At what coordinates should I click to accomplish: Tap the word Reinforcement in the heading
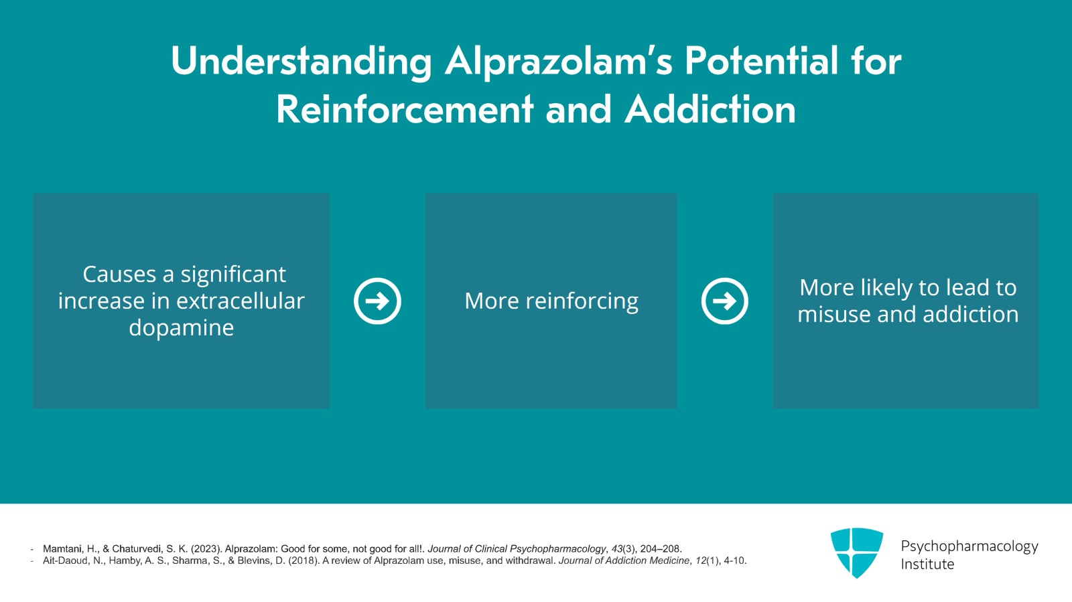pyautogui.click(x=405, y=110)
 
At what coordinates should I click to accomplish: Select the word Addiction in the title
pyautogui.click(x=710, y=110)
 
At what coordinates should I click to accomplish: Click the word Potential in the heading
pyautogui.click(x=761, y=61)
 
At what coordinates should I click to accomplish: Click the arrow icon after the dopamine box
pyautogui.click(x=378, y=301)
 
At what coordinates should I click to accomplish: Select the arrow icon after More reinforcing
pyautogui.click(x=724, y=301)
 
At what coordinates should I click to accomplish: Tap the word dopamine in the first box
pyautogui.click(x=182, y=328)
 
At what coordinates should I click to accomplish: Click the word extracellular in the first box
pyautogui.click(x=241, y=301)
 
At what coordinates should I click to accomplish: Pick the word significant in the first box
pyautogui.click(x=233, y=275)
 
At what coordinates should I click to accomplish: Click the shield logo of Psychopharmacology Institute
pyautogui.click(x=857, y=552)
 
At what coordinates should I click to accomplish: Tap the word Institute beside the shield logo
pyautogui.click(x=927, y=565)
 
